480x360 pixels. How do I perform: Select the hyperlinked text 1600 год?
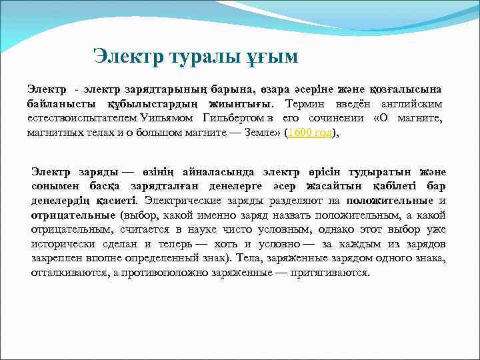pos(309,133)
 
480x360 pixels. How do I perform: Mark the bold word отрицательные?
pos(71,215)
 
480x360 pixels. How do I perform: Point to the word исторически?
pos(60,244)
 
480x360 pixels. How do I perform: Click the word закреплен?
pos(56,259)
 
